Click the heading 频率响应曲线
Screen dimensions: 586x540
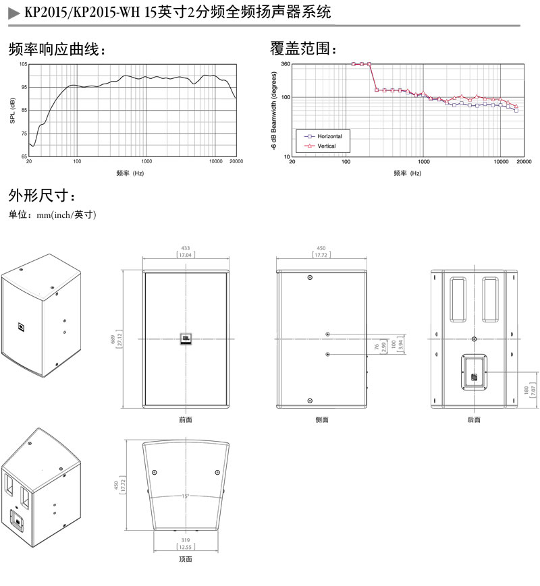pyautogui.click(x=57, y=49)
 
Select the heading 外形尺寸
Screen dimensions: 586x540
pyautogui.click(x=43, y=196)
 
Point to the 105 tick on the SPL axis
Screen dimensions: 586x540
pyautogui.click(x=23, y=64)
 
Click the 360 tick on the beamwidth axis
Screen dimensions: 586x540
pyautogui.click(x=285, y=64)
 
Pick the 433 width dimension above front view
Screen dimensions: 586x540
pyautogui.click(x=185, y=248)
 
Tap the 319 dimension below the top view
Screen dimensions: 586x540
pyautogui.click(x=185, y=539)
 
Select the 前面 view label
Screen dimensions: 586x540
pyautogui.click(x=186, y=419)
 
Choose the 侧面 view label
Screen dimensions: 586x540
pyautogui.click(x=321, y=419)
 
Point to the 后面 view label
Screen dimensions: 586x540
pyautogui.click(x=474, y=419)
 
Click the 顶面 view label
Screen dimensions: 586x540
pyautogui.click(x=186, y=559)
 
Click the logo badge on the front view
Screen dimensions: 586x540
pyautogui.click(x=186, y=339)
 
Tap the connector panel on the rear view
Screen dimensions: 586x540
pyautogui.click(x=475, y=372)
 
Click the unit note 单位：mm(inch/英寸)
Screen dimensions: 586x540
pyautogui.click(x=53, y=215)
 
